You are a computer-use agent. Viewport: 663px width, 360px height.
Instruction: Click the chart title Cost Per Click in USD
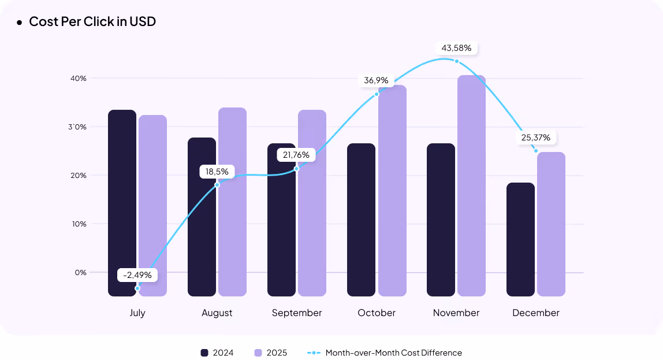point(92,22)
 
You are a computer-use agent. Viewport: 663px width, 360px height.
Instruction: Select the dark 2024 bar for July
point(122,202)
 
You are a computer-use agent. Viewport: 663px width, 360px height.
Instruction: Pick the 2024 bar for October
point(361,220)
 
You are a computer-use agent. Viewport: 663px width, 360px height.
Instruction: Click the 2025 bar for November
point(471,185)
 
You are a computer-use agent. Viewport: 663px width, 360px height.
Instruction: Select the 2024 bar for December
point(520,239)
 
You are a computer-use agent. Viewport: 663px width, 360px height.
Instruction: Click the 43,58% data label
point(456,48)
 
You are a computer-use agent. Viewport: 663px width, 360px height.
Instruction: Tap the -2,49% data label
point(137,275)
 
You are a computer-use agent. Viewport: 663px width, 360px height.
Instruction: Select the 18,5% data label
point(217,172)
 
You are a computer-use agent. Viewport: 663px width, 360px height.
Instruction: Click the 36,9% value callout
point(376,80)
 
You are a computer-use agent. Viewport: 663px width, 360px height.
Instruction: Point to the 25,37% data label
point(535,138)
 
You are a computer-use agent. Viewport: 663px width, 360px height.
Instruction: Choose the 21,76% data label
point(297,155)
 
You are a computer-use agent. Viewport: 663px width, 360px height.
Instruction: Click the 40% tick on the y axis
point(79,78)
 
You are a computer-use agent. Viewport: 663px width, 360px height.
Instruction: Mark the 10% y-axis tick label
point(79,224)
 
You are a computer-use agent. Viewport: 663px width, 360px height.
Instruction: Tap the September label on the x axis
point(297,313)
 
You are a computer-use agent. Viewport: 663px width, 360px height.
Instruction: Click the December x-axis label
point(536,313)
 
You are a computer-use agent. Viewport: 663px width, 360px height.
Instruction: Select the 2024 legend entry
point(217,352)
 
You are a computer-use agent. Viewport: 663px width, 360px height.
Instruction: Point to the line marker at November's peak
point(456,61)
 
